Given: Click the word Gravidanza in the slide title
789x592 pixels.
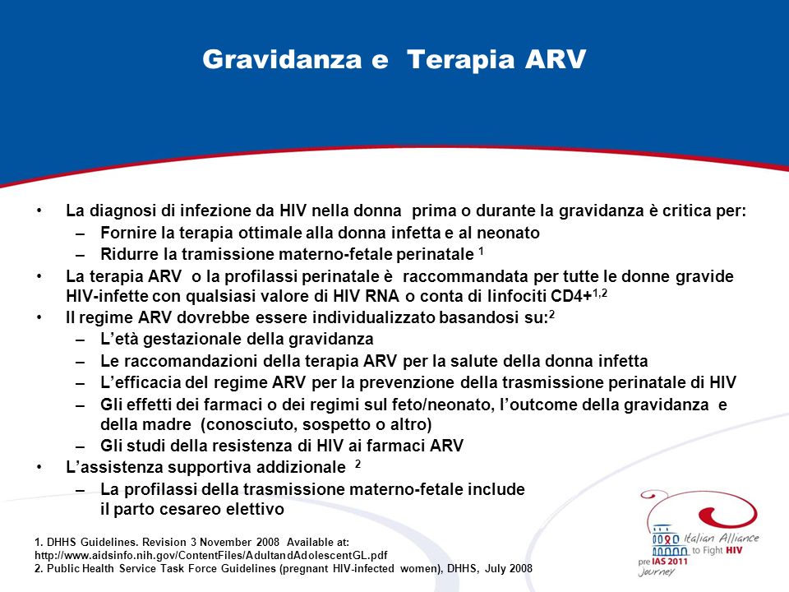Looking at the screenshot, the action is coord(282,59).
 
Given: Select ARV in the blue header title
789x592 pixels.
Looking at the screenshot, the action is coord(556,59).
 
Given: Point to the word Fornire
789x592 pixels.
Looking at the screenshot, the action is coord(127,233).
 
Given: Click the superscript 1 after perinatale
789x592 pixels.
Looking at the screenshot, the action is coord(481,251).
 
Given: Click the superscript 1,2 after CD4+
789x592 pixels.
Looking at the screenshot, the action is coord(600,293).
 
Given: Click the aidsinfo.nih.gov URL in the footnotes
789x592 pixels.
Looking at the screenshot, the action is coord(211,555).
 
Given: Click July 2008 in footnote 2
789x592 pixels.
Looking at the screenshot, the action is coord(508,568).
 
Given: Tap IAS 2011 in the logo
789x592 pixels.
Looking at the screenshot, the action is coord(669,562).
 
